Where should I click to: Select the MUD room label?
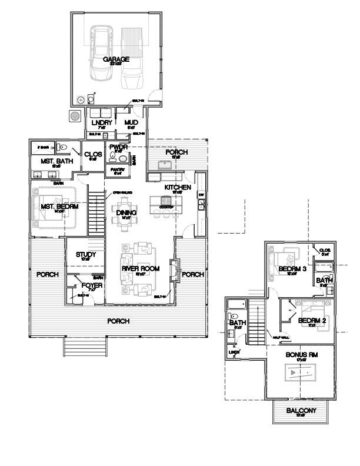coord(131,122)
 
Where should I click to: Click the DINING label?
coord(126,213)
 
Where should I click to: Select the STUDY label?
coord(86,255)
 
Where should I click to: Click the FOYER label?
coord(95,285)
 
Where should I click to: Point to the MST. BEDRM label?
coord(52,207)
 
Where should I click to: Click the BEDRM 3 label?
coord(288,269)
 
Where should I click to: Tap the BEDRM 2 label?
coord(308,321)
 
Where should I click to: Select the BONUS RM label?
coord(301,355)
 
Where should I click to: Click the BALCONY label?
coord(301,411)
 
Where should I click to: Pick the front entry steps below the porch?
coord(85,347)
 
